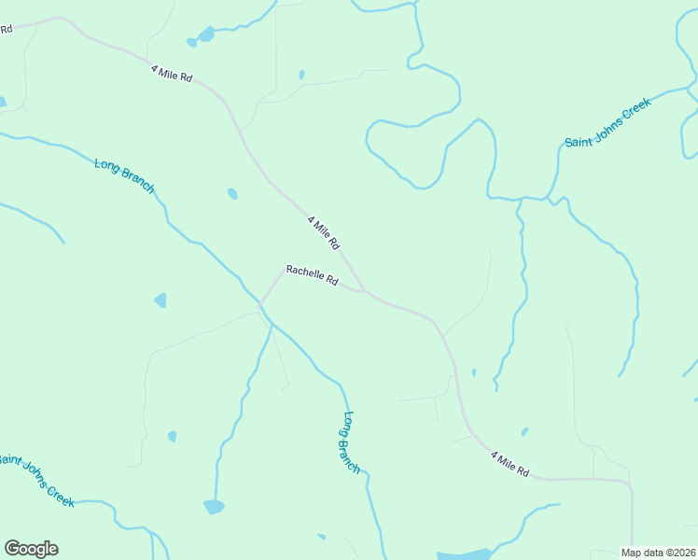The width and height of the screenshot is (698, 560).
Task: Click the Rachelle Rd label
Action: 312,275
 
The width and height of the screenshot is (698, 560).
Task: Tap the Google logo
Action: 31,549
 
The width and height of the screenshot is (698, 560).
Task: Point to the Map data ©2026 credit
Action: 658,553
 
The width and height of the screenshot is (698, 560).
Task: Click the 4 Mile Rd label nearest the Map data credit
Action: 510,463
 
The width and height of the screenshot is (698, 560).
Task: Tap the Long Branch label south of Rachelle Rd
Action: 351,442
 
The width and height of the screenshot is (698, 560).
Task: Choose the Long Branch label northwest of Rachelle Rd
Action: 124,176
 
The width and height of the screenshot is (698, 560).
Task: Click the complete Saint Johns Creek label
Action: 607,122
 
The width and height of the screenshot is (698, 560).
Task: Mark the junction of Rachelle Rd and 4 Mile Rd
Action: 365,291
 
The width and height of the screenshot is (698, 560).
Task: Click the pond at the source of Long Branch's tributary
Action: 214,507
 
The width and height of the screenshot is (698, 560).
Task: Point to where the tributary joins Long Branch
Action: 271,323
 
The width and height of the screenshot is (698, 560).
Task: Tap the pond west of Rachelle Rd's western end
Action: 161,301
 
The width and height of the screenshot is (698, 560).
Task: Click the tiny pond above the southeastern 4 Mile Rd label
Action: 524,432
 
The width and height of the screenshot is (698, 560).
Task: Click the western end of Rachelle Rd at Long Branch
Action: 260,304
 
